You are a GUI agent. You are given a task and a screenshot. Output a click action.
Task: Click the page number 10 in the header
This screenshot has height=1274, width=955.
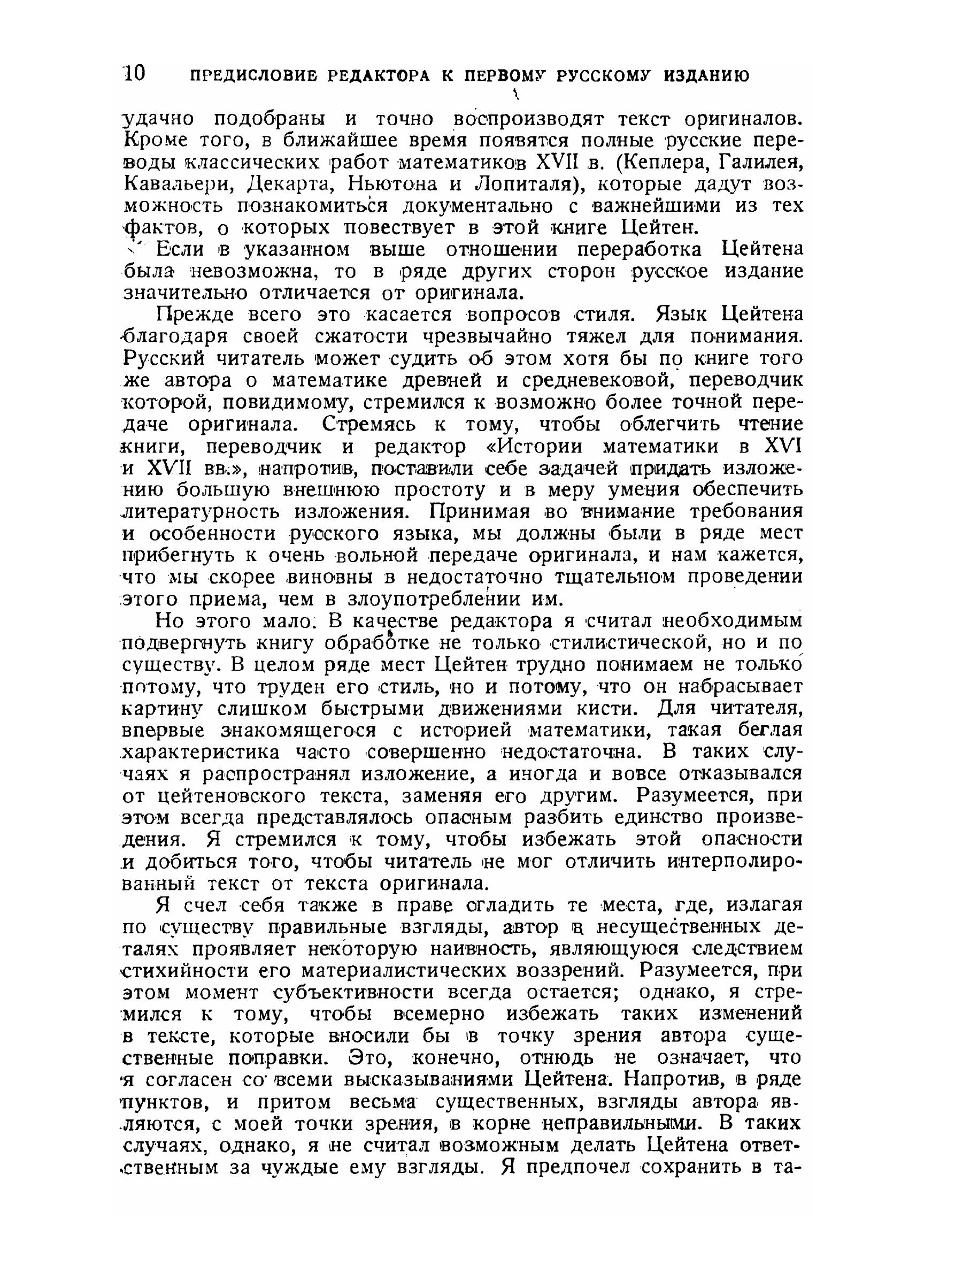pos(134,74)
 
